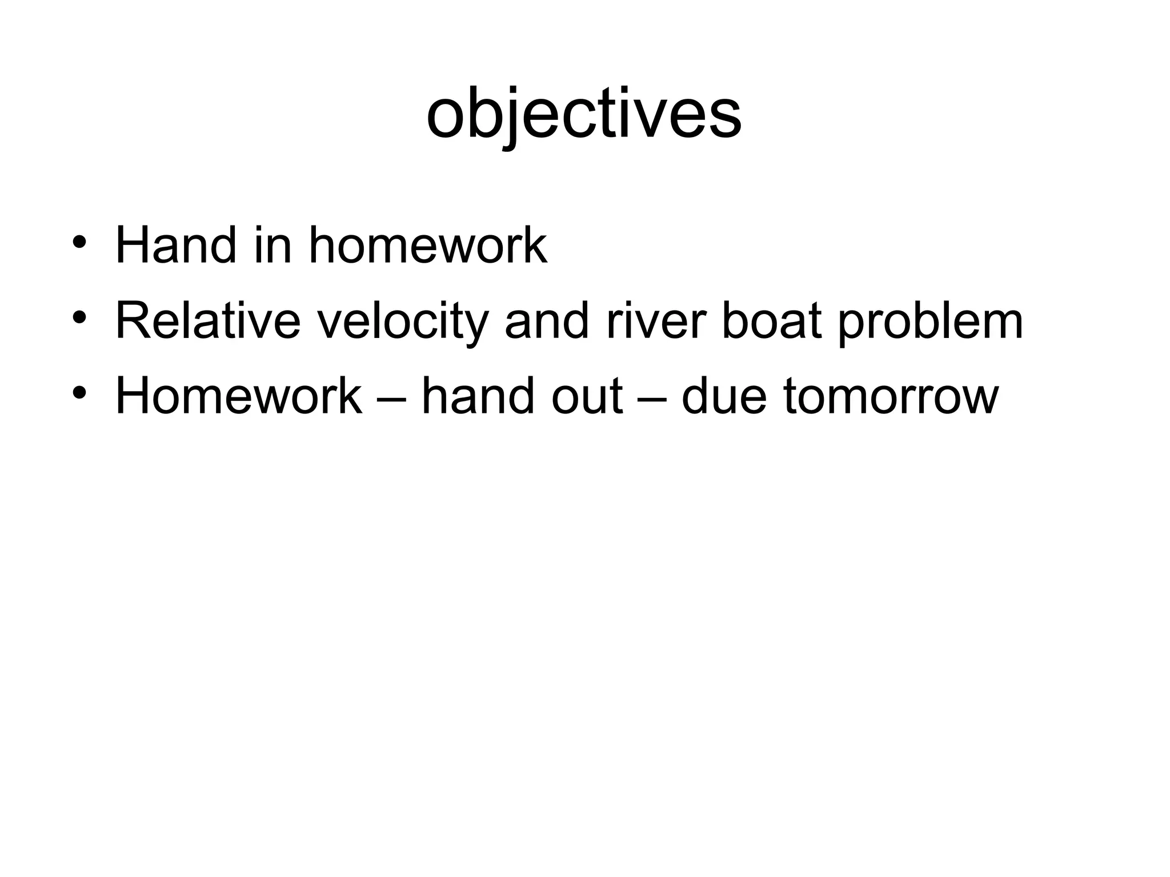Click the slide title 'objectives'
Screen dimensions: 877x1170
click(x=584, y=114)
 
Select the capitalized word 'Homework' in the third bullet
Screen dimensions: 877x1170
click(x=239, y=396)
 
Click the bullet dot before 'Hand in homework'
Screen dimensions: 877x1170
click(x=79, y=242)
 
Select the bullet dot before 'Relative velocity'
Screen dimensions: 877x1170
click(x=79, y=317)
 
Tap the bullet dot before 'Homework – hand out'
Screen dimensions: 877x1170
click(x=79, y=393)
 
